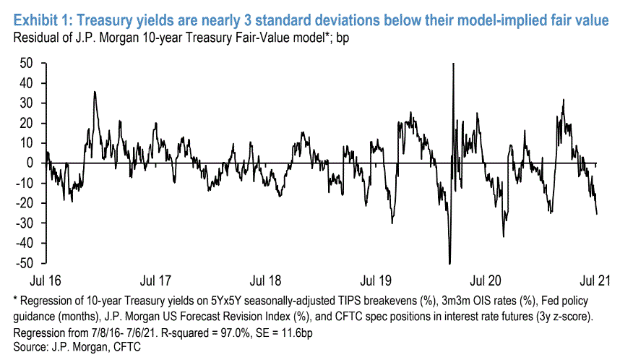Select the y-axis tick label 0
tap(31, 163)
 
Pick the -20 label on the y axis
tap(25, 204)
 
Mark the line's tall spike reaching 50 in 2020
tap(452, 65)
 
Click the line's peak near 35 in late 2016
tap(95, 93)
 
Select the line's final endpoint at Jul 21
tap(597, 213)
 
